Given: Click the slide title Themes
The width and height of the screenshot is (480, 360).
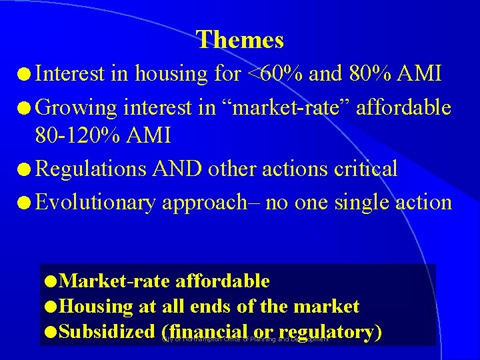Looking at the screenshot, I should (240, 40).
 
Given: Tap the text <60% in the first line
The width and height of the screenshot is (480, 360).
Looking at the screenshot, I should (275, 73).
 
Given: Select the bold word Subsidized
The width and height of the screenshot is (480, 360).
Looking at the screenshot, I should (107, 331).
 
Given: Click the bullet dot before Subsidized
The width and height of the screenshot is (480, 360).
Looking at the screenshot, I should (51, 332).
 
